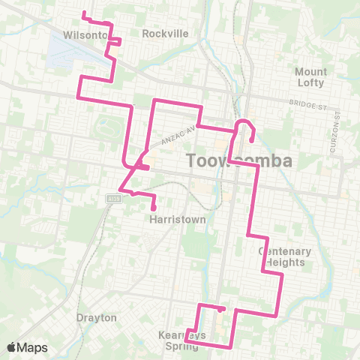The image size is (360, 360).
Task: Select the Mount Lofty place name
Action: coord(311,76)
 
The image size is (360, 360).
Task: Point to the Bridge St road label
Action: coord(307,106)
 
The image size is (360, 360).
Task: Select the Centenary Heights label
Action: coord(281,256)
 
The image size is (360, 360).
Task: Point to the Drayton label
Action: coord(97,317)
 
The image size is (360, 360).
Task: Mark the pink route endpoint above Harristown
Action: coord(154,208)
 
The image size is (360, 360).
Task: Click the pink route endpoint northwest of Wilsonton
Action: coord(83,13)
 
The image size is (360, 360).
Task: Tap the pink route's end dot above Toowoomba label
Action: coord(251,139)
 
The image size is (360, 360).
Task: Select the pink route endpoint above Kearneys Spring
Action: coord(223,308)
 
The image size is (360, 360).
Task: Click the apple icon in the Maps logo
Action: coord(12,347)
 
